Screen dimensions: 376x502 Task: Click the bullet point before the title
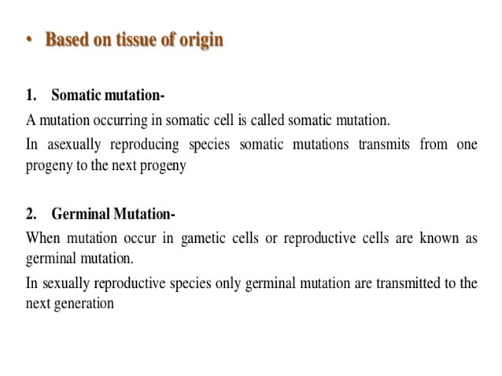(30, 39)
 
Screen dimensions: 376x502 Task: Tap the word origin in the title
(199, 40)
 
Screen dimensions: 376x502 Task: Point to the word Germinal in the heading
(82, 214)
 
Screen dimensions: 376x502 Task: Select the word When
(42, 238)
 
